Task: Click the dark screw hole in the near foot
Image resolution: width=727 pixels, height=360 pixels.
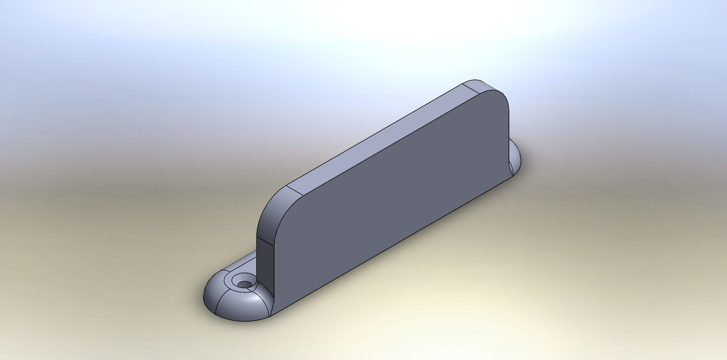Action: [x=245, y=283]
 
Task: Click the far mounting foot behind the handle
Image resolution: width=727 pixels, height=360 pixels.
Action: [x=515, y=160]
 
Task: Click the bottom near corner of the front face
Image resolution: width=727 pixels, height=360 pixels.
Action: [x=274, y=313]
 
